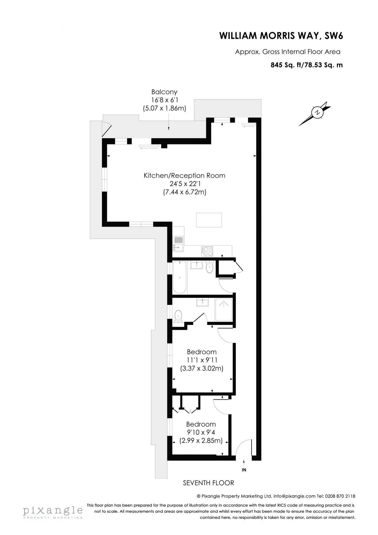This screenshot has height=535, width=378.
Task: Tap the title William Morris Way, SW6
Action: (281, 36)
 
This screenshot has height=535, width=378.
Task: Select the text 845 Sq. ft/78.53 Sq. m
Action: (307, 65)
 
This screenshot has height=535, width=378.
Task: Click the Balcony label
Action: (164, 92)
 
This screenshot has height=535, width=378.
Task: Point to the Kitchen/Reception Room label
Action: (184, 176)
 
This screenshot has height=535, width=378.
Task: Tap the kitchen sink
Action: (178, 243)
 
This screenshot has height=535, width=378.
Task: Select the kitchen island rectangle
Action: (209, 220)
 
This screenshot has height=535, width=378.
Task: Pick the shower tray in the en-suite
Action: (224, 310)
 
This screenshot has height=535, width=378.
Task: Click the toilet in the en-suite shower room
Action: (178, 316)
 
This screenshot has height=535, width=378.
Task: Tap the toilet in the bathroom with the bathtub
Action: (209, 267)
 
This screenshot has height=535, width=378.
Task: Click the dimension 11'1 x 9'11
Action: (202, 360)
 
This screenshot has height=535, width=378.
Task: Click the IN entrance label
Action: (244, 470)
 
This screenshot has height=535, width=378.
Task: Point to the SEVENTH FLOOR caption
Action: (208, 483)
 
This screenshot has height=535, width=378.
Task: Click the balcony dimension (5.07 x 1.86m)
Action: (164, 108)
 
